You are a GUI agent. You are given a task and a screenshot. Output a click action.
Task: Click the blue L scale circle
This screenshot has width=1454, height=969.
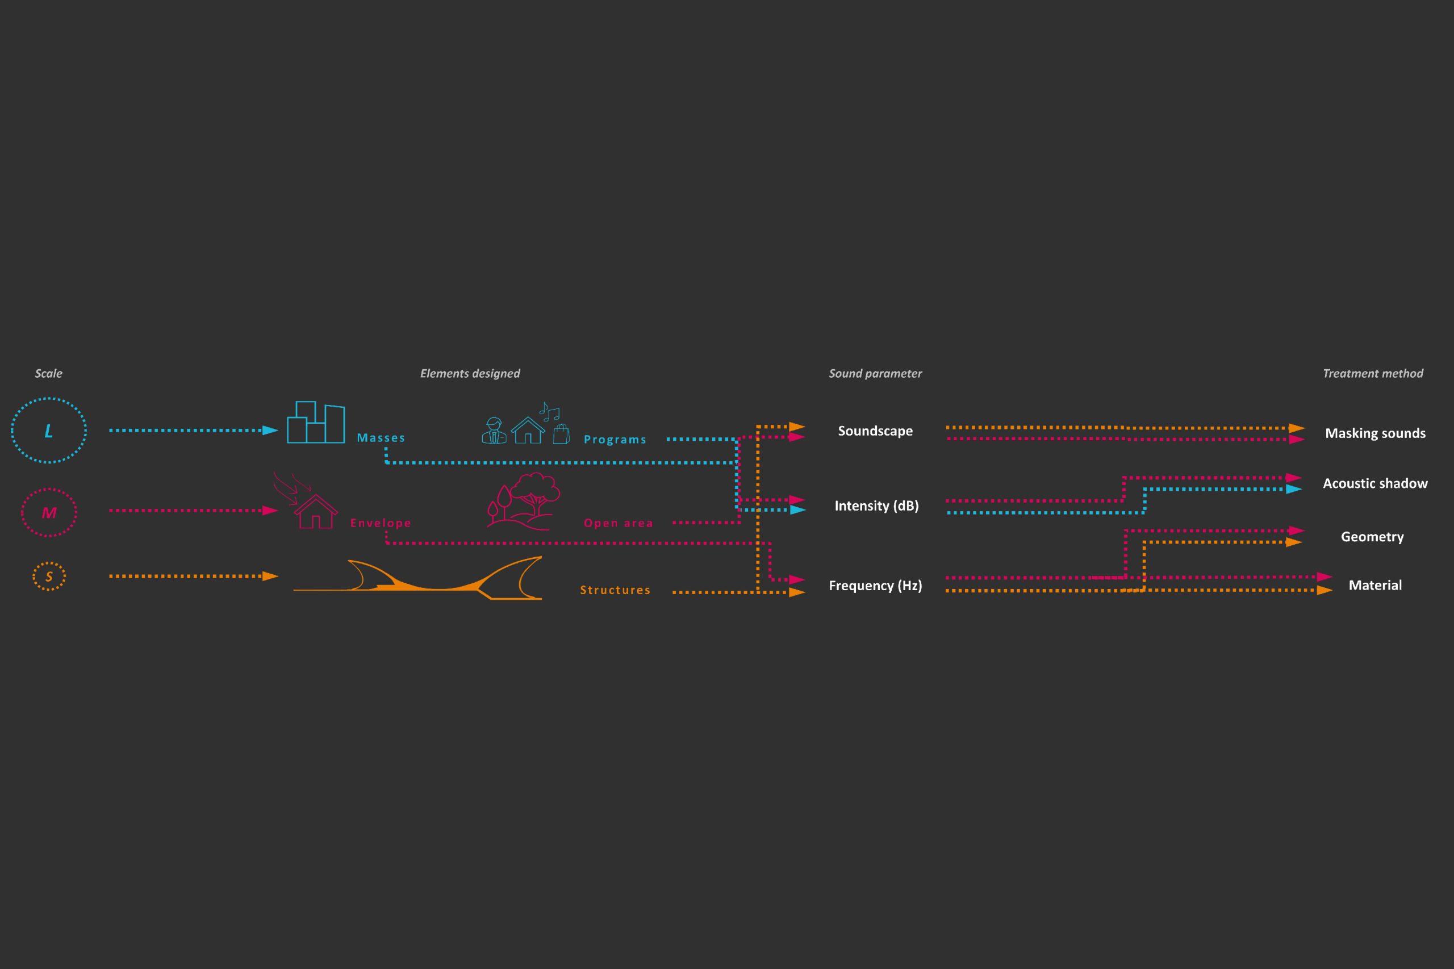pyautogui.click(x=49, y=430)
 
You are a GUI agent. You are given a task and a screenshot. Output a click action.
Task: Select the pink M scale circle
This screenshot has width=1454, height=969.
pyautogui.click(x=49, y=512)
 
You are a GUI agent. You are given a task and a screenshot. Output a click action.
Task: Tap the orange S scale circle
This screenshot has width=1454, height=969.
pyautogui.click(x=49, y=577)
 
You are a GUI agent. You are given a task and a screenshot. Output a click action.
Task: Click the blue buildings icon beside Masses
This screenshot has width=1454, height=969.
pyautogui.click(x=316, y=423)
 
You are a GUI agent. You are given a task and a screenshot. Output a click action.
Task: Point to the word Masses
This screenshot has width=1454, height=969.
pyautogui.click(x=381, y=437)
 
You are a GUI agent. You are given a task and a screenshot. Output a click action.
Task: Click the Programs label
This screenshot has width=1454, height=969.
pyautogui.click(x=615, y=440)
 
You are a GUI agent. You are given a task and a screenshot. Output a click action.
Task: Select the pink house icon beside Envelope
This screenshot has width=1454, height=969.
pyautogui.click(x=315, y=511)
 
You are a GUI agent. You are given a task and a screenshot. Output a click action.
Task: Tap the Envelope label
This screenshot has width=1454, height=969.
pyautogui.click(x=380, y=523)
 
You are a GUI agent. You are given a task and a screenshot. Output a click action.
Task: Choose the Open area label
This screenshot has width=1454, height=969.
pyautogui.click(x=618, y=523)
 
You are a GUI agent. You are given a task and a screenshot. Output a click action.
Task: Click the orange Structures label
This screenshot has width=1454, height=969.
pyautogui.click(x=615, y=590)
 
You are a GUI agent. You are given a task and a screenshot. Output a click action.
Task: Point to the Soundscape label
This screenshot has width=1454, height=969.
pyautogui.click(x=875, y=431)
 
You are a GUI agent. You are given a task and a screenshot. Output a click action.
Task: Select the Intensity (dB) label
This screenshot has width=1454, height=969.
pyautogui.click(x=876, y=506)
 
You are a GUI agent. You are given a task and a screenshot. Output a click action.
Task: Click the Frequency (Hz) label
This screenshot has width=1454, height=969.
pyautogui.click(x=875, y=585)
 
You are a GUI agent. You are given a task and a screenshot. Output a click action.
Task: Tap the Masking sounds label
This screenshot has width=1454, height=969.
pyautogui.click(x=1375, y=433)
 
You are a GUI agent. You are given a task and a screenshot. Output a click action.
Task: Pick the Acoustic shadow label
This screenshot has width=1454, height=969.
pyautogui.click(x=1375, y=483)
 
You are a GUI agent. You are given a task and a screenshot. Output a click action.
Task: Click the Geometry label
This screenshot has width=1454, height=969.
pyautogui.click(x=1372, y=536)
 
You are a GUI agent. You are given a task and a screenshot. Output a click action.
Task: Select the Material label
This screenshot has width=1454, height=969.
pyautogui.click(x=1375, y=585)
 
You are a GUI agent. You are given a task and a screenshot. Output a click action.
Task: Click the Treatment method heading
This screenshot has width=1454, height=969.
pyautogui.click(x=1372, y=373)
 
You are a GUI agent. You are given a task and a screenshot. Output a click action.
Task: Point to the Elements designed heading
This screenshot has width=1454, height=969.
pyautogui.click(x=470, y=373)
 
